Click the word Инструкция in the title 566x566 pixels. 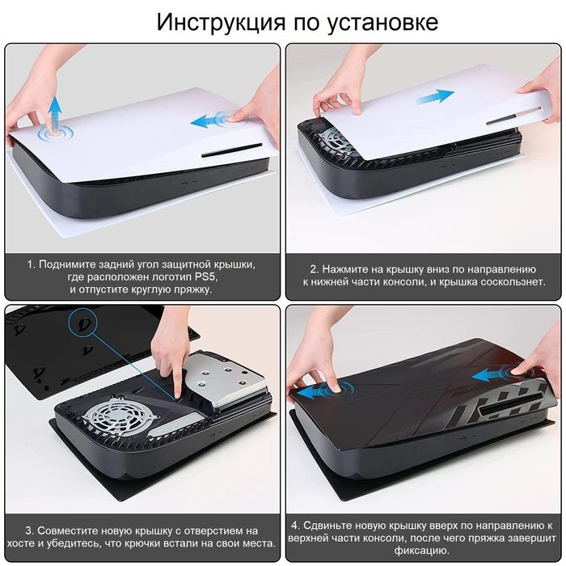221,22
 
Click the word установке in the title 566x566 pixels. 383,23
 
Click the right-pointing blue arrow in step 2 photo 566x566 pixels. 435,96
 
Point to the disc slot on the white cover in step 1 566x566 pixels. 232,150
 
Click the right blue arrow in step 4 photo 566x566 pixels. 490,376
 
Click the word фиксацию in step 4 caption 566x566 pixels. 421,551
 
